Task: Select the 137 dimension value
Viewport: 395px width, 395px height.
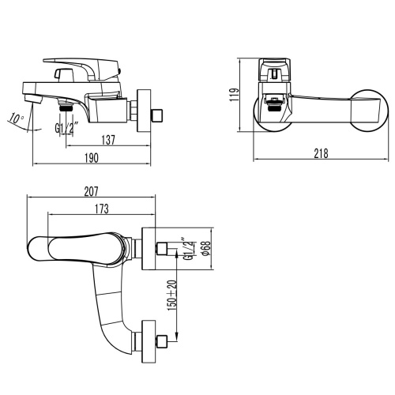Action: (109, 140)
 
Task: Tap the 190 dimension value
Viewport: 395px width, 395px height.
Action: (92, 159)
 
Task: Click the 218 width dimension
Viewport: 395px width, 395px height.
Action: (320, 154)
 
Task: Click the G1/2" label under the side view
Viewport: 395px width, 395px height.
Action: (66, 128)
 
